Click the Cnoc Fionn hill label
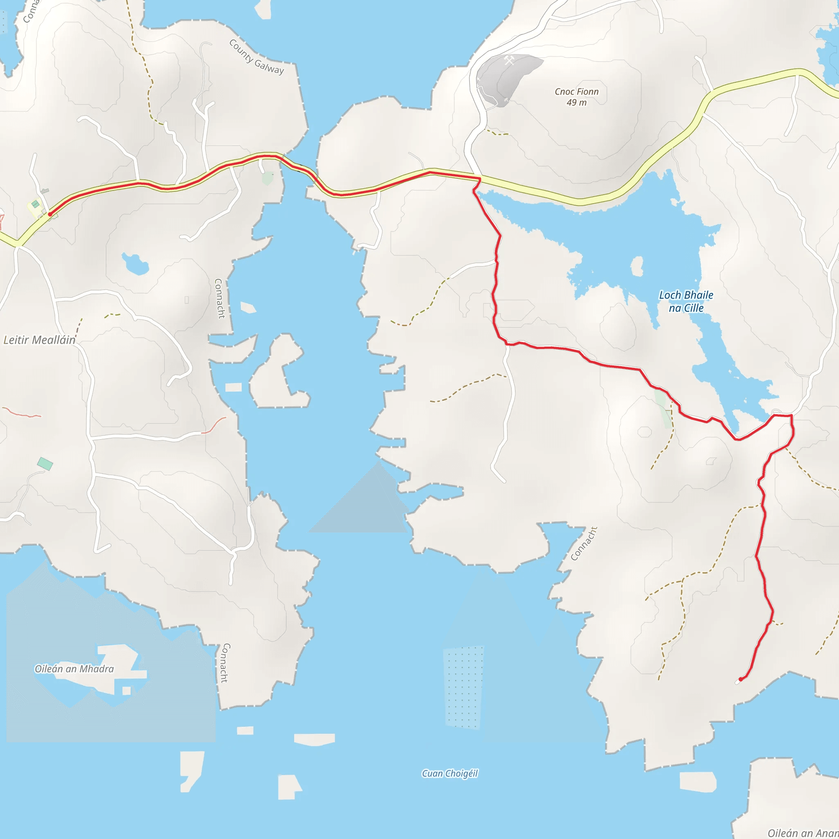(x=576, y=92)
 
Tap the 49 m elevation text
(x=576, y=102)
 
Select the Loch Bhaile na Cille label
(x=686, y=302)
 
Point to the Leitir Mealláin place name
(x=39, y=340)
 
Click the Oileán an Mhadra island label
(x=74, y=669)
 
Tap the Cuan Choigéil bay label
(x=449, y=773)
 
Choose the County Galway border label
(x=256, y=57)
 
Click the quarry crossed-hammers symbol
(x=509, y=60)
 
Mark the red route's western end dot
(x=50, y=214)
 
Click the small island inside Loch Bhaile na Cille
(x=637, y=266)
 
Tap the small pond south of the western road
(x=135, y=263)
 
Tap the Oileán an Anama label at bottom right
(x=803, y=832)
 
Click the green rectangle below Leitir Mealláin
(x=45, y=464)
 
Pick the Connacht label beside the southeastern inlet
(x=584, y=543)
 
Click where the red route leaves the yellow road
(x=479, y=179)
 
